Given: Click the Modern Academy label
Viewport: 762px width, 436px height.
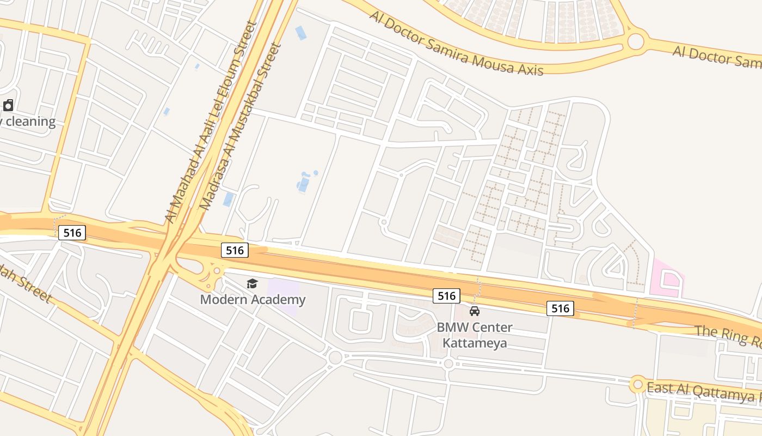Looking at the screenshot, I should coord(253,299).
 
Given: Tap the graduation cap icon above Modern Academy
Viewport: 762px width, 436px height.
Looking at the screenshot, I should coord(252,283).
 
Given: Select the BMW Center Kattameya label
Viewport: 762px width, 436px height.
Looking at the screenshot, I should coord(475,335).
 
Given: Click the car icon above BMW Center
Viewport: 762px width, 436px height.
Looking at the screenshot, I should coord(475,311).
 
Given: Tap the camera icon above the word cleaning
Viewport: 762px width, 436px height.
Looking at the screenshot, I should coord(8,105).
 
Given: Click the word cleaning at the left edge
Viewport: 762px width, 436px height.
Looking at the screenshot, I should coord(30,121).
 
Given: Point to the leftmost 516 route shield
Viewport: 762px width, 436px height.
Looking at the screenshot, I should coord(72,233).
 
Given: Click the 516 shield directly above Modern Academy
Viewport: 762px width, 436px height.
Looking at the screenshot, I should coord(235,250).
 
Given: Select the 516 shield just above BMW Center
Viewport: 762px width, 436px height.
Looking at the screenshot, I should coord(446,295).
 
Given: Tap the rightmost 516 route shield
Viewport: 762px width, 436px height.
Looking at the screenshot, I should coord(560,308).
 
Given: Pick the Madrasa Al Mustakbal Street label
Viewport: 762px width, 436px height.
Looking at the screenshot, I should coord(240,126).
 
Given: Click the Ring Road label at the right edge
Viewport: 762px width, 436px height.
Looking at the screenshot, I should coord(728,335).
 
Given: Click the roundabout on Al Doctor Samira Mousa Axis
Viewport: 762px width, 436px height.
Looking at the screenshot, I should coord(635,41).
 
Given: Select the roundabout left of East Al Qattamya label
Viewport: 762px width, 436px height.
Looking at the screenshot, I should coord(637,384).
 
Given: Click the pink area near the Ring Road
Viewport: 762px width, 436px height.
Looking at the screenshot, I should coord(667,280).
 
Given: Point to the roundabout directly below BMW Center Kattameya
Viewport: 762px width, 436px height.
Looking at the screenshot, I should coord(448,364).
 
